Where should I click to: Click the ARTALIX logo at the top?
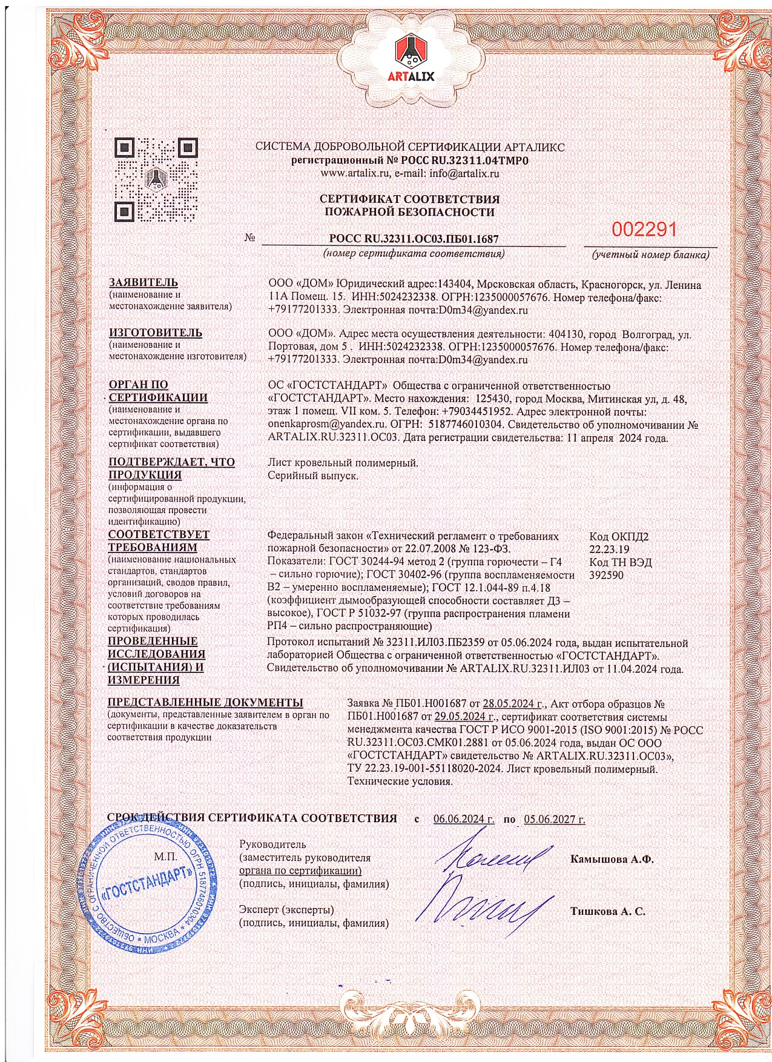(x=415, y=58)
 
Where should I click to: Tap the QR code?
(x=156, y=180)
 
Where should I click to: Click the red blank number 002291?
(x=644, y=230)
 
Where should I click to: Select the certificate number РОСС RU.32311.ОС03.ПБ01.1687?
(x=414, y=239)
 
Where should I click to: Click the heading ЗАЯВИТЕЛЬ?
(x=143, y=282)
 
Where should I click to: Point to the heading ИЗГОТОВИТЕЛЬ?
(x=155, y=333)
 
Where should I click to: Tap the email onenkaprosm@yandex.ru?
(x=327, y=425)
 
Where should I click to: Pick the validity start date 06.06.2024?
(x=463, y=819)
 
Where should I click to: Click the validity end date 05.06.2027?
(x=554, y=819)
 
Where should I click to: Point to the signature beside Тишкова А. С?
(x=484, y=909)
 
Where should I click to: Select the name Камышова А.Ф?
(x=612, y=859)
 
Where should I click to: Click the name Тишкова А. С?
(x=607, y=911)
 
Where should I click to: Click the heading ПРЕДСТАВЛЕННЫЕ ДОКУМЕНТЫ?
(x=205, y=703)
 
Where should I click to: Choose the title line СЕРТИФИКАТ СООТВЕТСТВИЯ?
(x=409, y=199)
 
